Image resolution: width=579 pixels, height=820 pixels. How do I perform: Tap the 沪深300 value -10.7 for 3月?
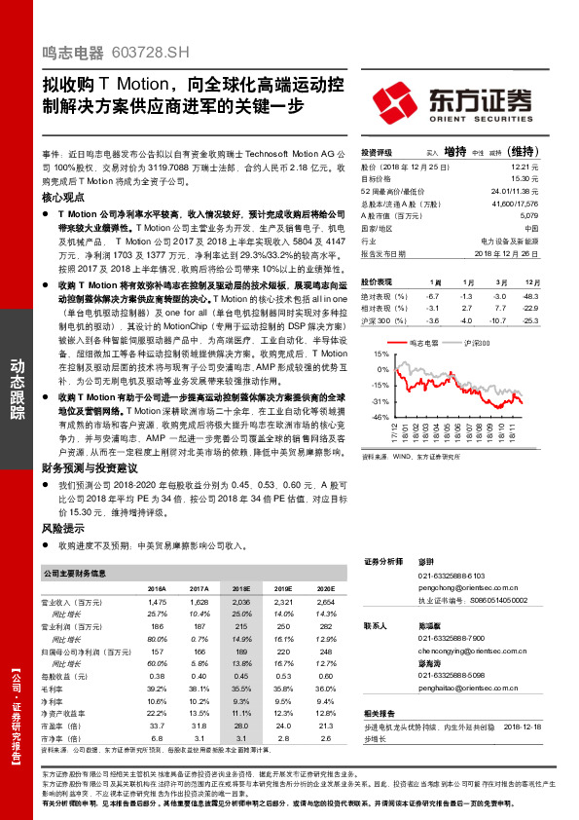499,320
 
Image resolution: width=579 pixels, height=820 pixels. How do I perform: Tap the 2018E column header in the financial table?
240,589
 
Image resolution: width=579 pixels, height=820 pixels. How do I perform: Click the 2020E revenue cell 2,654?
311,604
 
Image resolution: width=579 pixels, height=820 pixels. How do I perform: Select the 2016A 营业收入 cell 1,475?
155,604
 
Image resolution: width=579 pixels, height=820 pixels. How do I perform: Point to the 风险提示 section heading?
63,527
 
